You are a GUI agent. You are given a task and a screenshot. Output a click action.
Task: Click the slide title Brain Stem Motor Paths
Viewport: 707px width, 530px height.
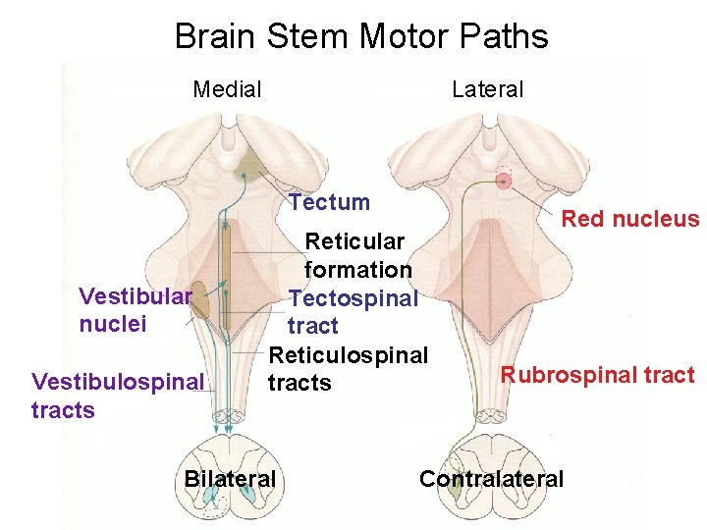(x=360, y=36)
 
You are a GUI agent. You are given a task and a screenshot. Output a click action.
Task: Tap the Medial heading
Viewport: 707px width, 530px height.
(x=227, y=90)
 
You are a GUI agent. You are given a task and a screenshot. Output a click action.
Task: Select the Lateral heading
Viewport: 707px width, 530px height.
(x=487, y=89)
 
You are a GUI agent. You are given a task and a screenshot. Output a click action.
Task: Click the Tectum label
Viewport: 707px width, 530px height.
(x=329, y=203)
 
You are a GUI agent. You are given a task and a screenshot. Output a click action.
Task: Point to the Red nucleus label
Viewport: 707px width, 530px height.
(x=629, y=219)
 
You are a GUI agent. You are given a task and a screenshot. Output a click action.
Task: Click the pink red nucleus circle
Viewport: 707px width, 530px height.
(x=504, y=180)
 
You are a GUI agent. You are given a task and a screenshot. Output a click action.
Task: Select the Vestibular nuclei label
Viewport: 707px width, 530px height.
(x=135, y=309)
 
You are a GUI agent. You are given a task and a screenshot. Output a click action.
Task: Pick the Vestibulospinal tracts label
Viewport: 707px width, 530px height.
(x=118, y=395)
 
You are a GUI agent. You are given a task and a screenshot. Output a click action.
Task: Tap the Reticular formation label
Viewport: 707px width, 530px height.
(x=357, y=255)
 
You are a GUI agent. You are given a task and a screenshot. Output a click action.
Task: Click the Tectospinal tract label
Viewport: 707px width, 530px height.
(x=352, y=311)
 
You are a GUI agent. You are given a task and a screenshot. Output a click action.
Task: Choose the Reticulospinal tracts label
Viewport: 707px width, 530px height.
(x=348, y=367)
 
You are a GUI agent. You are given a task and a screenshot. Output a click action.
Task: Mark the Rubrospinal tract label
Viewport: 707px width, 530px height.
(x=597, y=375)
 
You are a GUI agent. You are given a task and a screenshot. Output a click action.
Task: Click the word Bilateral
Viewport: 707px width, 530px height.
(x=230, y=479)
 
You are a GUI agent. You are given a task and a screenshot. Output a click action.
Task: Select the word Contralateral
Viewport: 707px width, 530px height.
(x=491, y=479)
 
